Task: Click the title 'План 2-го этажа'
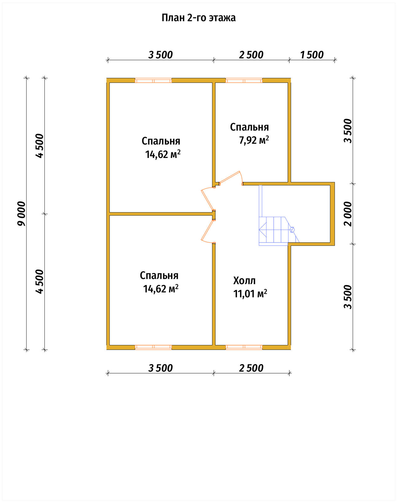pos(198,18)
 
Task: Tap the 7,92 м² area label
pos(254,140)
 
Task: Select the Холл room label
pos(244,281)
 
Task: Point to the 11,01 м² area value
pos(250,294)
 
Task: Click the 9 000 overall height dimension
pos(21,214)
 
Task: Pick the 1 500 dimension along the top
pos(312,55)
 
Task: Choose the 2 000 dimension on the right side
pos(348,214)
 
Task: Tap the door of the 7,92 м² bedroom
pos(231,178)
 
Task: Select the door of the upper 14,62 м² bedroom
pos(208,199)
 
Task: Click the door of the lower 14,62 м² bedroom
pos(208,230)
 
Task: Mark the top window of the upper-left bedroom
pos(153,81)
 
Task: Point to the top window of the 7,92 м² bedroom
pos(244,81)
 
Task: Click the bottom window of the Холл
pos(244,347)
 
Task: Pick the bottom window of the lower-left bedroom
pos(153,347)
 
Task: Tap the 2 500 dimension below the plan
pos(251,368)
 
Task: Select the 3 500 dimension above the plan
pos(161,55)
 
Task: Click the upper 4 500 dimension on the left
pos(39,146)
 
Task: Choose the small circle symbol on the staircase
pos(292,230)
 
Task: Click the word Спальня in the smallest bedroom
pos(249,127)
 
